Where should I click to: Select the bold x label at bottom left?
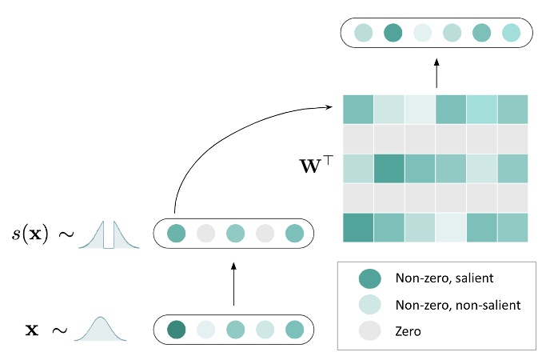pos(32,330)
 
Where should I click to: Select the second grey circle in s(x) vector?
pos(264,234)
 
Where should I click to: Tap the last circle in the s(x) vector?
pos(293,234)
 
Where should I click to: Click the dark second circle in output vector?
pos(393,33)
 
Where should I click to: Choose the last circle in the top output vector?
pos(511,33)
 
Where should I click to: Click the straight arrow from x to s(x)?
pos(233,284)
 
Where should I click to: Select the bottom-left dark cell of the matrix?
pos(358,227)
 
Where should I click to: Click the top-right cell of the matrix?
pos(512,109)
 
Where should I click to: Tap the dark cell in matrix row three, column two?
pos(389,168)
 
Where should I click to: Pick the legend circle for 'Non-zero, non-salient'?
pos(370,304)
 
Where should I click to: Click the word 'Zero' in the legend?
pos(408,330)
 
